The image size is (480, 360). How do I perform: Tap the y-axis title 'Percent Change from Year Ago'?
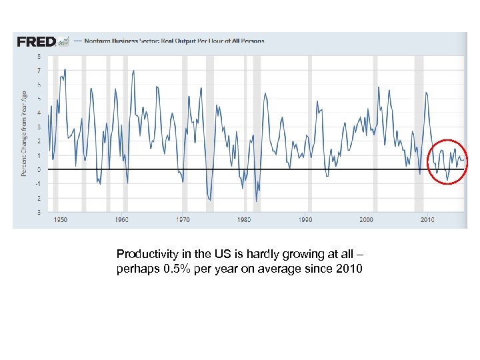24,133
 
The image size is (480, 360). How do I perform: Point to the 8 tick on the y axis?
39,56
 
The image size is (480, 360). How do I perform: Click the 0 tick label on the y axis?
39,169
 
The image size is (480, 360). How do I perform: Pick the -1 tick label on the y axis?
38,184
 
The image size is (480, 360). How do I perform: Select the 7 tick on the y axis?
39,70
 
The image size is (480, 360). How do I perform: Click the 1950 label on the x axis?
60,219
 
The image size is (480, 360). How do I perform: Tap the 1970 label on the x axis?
183,219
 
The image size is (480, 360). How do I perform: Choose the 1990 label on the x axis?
305,219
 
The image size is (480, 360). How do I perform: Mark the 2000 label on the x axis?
366,219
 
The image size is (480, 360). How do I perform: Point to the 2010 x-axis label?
427,219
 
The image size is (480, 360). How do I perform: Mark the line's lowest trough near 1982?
256,201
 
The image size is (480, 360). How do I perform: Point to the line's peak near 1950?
65,69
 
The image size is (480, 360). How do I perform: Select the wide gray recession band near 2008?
419,133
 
